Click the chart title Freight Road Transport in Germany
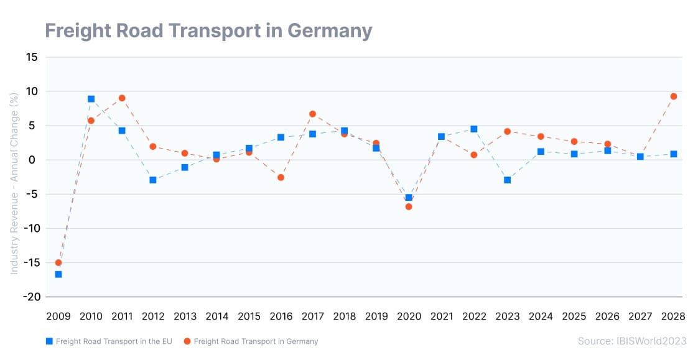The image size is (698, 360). click(208, 30)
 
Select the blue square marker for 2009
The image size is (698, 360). click(58, 274)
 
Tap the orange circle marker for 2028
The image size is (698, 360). click(674, 96)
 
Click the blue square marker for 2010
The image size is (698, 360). click(91, 99)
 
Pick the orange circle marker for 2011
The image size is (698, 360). click(122, 98)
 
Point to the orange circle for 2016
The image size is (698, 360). click(281, 177)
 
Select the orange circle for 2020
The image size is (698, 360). click(409, 206)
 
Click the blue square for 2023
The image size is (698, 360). click(508, 180)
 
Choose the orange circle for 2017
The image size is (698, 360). click(312, 114)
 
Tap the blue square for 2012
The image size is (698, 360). click(153, 180)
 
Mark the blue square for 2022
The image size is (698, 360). click(474, 129)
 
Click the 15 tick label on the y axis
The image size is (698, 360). click(31, 57)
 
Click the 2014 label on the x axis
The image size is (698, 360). click(216, 316)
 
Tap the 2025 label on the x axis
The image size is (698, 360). click(574, 316)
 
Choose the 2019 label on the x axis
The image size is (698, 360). click(377, 316)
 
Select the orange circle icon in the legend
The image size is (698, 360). click(186, 341)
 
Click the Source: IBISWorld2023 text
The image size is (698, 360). click(631, 341)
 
